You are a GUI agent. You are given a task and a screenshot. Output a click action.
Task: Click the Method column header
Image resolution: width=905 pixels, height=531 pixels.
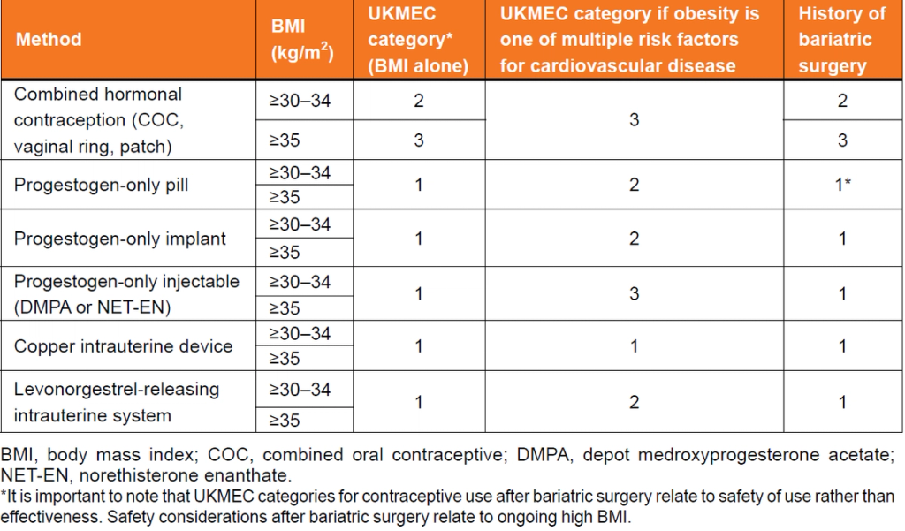pyautogui.click(x=49, y=40)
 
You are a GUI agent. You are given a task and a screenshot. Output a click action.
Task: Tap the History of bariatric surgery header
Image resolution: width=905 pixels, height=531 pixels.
pyautogui.click(x=841, y=40)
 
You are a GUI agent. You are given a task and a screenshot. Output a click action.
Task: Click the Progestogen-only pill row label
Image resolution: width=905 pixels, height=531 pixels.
pyautogui.click(x=102, y=185)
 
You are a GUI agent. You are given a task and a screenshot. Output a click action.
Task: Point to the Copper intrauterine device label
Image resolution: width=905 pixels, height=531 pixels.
pyautogui.click(x=123, y=345)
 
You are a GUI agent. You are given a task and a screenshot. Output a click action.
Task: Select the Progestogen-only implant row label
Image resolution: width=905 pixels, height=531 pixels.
pyautogui.click(x=120, y=238)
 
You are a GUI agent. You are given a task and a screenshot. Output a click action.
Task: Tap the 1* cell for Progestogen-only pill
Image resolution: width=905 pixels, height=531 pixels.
pyautogui.click(x=842, y=185)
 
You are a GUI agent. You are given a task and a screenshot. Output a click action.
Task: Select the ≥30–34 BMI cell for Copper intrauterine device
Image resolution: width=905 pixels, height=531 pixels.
pyautogui.click(x=300, y=333)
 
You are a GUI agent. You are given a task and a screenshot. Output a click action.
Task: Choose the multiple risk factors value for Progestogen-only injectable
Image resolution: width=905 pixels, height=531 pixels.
pyautogui.click(x=634, y=293)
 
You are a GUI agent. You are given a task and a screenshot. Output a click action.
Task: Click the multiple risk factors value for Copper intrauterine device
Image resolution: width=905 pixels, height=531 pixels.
pyautogui.click(x=634, y=346)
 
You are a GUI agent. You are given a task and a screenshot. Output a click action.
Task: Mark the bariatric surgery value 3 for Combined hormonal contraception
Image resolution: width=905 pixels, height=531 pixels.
pyautogui.click(x=842, y=140)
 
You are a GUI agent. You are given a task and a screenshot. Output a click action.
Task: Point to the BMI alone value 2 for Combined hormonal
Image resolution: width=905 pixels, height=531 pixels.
pyautogui.click(x=419, y=101)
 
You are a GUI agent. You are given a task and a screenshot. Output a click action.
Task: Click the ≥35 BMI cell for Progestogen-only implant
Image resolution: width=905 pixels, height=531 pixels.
pyautogui.click(x=285, y=253)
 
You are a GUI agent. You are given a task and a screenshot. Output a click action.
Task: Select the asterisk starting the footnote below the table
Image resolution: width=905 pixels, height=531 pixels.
pyautogui.click(x=4, y=496)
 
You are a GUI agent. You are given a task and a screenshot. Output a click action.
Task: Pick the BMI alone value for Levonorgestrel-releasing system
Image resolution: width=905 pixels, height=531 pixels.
pyautogui.click(x=419, y=402)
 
